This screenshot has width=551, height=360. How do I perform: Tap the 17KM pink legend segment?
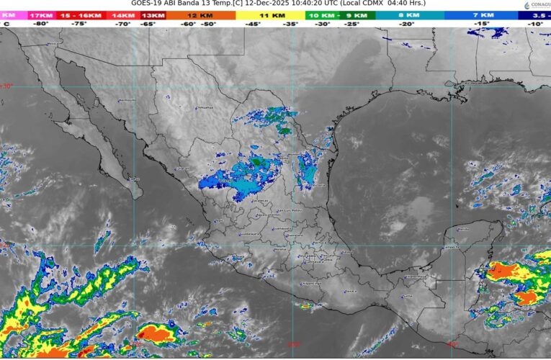(x=41, y=14)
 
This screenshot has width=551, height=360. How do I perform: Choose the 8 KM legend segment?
(x=408, y=14)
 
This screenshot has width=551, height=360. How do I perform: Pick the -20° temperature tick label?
(x=408, y=24)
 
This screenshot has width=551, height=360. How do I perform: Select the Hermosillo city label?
(x=127, y=100)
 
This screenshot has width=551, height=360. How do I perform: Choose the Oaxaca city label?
(x=350, y=292)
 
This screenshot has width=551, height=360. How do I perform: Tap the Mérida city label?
(x=463, y=229)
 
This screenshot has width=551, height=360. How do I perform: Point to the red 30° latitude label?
(x=7, y=86)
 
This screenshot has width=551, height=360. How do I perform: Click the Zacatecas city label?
(x=261, y=202)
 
